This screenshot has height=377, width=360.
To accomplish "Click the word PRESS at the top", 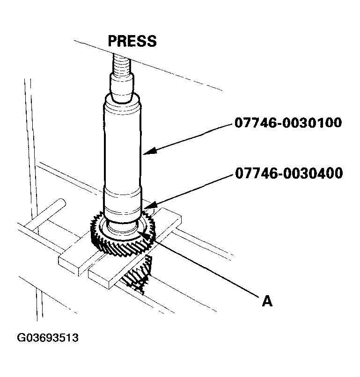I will coord(132,41).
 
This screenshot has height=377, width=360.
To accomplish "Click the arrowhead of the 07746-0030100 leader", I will coord(146,151).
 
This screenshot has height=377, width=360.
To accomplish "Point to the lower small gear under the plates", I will coord(138,276).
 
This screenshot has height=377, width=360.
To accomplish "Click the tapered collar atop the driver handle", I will coord(121,89).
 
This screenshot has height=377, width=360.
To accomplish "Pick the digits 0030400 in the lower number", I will coord(309,174).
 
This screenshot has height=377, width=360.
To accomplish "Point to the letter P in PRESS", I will coord(113,41).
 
